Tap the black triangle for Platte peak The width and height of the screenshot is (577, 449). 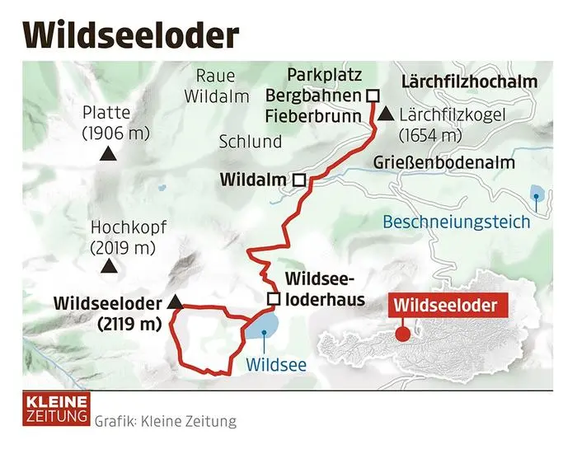tap(106, 154)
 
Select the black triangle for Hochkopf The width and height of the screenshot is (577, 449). tap(107, 266)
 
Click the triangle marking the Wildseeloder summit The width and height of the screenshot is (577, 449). tap(174, 303)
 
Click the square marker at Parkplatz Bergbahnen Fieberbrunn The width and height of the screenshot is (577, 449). tap(372, 95)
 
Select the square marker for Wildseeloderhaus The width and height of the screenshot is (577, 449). tap(274, 298)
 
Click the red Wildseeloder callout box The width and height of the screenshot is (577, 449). tap(445, 306)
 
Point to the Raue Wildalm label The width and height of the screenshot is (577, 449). tap(209, 87)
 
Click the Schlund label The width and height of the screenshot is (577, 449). tap(250, 142)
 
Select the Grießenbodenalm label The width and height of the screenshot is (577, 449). tap(443, 162)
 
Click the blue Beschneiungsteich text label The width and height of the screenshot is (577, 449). tap(456, 221)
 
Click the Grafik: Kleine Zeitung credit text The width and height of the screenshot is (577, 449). tap(165, 421)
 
